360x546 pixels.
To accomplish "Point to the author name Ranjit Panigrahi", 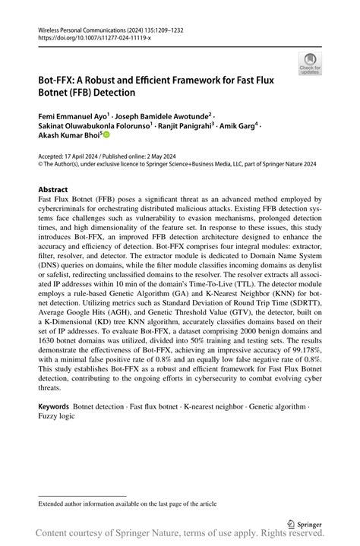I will coord(185,128).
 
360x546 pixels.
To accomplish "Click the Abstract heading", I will coord(55,189).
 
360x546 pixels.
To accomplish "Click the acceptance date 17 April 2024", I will coord(87,156).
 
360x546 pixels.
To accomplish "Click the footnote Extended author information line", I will coord(127,503).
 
